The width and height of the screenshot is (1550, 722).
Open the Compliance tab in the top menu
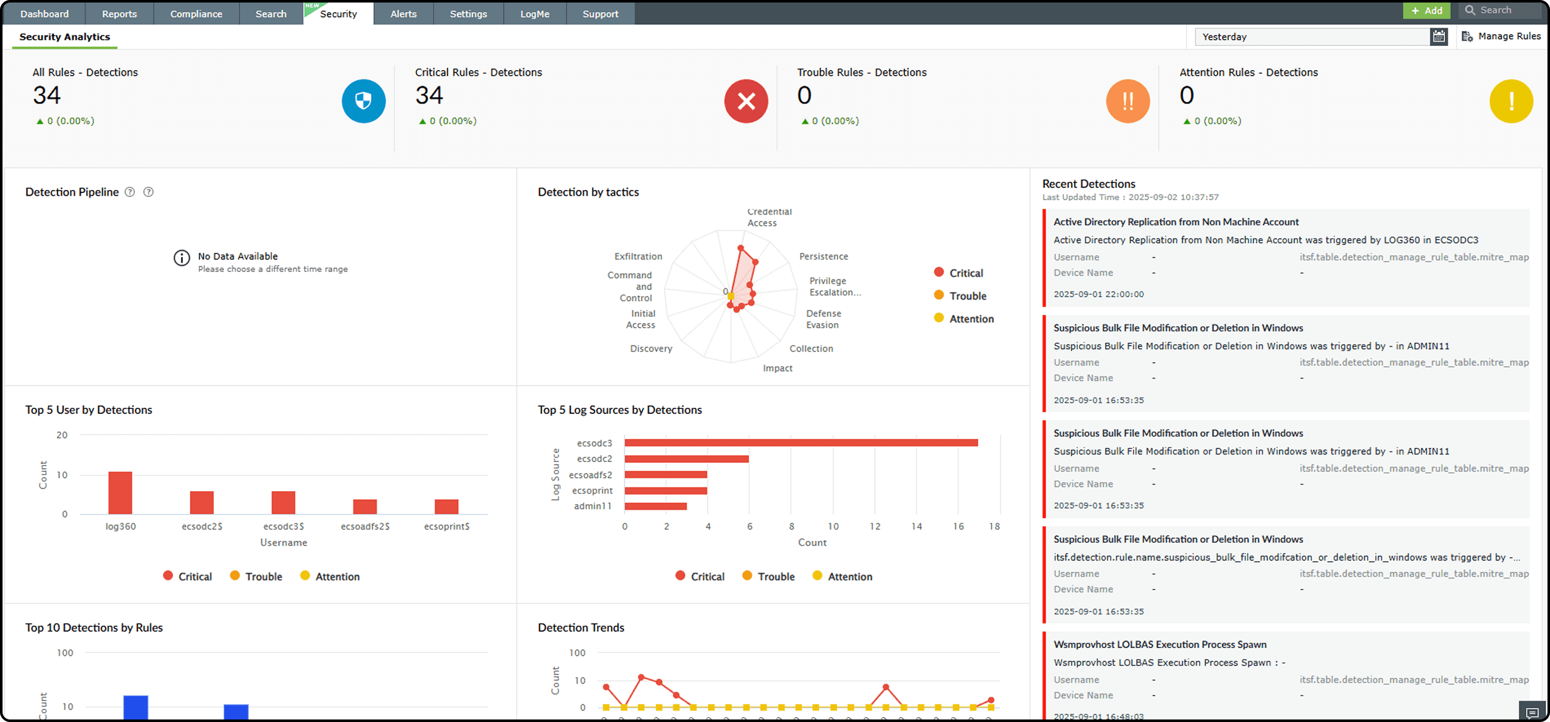tap(196, 14)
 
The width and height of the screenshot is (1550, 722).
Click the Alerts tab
tap(403, 14)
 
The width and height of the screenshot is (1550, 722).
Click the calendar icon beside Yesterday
tap(1438, 37)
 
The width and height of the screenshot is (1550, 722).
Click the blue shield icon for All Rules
tap(364, 101)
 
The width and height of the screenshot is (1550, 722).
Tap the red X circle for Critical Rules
tap(746, 101)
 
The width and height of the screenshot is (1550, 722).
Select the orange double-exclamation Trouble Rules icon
tap(1128, 101)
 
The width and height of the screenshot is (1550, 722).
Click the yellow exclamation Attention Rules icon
tap(1511, 101)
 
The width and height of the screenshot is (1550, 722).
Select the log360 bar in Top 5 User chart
tap(120, 493)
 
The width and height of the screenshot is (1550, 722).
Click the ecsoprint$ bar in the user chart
tap(446, 507)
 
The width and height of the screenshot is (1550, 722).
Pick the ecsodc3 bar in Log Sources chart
tap(801, 443)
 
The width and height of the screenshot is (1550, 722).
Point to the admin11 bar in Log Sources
tap(655, 506)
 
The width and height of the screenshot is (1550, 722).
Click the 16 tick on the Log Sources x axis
tap(958, 526)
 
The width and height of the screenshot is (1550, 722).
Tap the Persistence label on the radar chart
tap(823, 256)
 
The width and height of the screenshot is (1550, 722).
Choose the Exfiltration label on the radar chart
tap(638, 256)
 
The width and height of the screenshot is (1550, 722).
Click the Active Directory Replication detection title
tap(1176, 222)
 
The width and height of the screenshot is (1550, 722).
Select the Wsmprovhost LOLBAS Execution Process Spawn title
tap(1159, 644)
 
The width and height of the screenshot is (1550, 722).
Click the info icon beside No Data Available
tap(182, 258)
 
